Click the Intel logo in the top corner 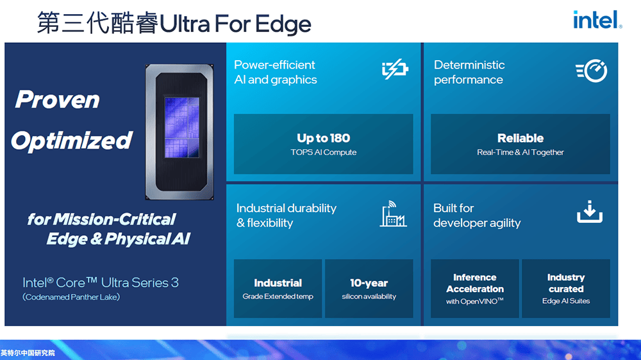[x=597, y=20]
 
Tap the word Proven [x=57, y=99]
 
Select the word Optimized [x=72, y=141]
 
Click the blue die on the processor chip [x=182, y=127]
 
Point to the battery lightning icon [x=395, y=69]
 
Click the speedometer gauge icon [x=592, y=70]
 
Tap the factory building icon [x=393, y=214]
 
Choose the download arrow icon [x=590, y=211]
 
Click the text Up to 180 [x=323, y=138]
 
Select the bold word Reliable [x=520, y=138]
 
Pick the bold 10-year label [x=369, y=282]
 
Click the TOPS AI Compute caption [x=323, y=152]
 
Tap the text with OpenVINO [x=474, y=302]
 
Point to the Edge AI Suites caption [x=566, y=301]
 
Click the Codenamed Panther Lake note [x=71, y=297]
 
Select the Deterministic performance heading [x=469, y=72]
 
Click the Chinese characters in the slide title [x=97, y=23]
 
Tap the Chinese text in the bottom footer [x=28, y=353]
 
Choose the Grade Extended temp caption [x=278, y=297]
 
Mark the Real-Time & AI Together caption [x=520, y=152]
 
